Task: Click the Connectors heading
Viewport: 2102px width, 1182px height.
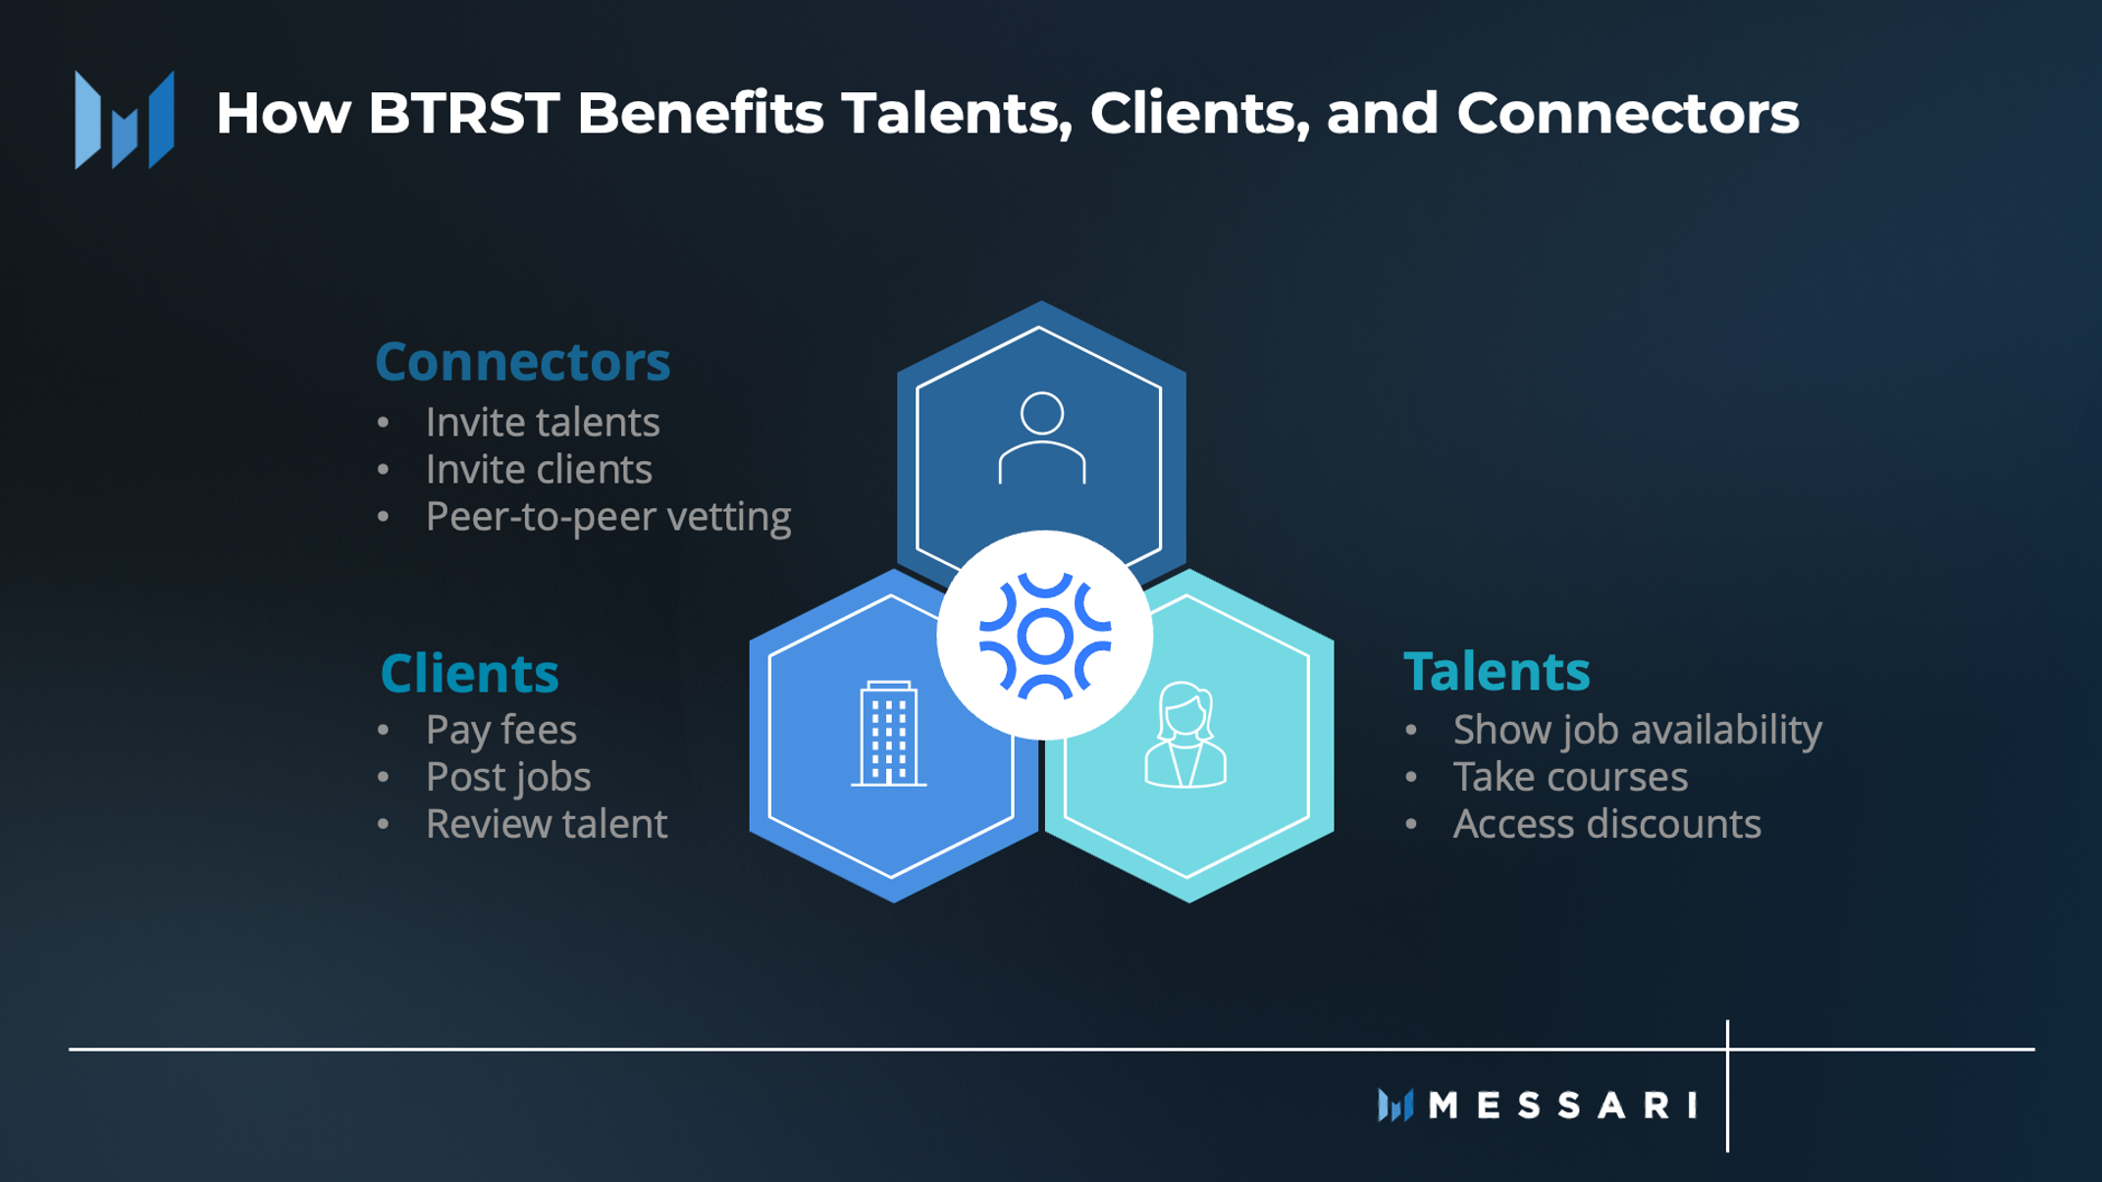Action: [522, 361]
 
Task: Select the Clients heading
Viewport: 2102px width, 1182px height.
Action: [469, 673]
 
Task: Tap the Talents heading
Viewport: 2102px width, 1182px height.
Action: [1497, 671]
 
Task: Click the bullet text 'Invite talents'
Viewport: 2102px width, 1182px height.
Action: [543, 422]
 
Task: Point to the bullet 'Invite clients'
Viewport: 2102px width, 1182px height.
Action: [539, 469]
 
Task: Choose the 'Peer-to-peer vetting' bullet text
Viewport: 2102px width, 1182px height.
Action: [608, 517]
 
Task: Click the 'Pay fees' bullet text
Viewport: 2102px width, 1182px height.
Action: [501, 730]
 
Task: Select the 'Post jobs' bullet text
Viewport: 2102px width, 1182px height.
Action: [508, 777]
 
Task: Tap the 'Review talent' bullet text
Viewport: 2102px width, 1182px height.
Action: [547, 824]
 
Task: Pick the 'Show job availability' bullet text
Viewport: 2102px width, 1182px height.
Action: [1638, 730]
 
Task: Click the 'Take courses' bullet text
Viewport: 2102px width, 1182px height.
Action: [1570, 777]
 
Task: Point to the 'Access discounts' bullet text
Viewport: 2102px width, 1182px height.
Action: [1607, 824]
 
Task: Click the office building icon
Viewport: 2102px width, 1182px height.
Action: [888, 734]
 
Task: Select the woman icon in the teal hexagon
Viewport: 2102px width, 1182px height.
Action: [1185, 736]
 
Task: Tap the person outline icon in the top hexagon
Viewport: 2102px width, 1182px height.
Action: [1042, 437]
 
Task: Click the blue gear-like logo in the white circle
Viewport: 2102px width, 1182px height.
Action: [1045, 636]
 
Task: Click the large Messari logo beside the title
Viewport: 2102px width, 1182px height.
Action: [125, 120]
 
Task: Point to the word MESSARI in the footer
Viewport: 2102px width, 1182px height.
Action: [1563, 1105]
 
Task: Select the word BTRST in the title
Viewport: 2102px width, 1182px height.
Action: [463, 113]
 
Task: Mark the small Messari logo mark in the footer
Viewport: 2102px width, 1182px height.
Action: [1395, 1105]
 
